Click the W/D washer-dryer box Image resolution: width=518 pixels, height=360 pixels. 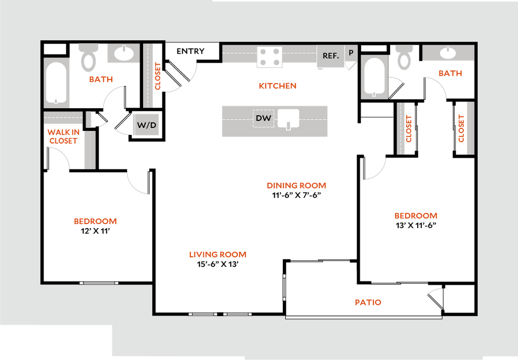point(146,125)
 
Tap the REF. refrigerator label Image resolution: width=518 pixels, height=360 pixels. point(331,56)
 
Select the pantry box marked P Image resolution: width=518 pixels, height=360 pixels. point(351,53)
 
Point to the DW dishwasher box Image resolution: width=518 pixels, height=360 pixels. point(264,118)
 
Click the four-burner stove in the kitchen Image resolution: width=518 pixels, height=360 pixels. point(269,57)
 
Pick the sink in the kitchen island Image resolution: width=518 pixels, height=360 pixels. point(288,119)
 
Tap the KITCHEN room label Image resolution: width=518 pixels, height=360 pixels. point(278,86)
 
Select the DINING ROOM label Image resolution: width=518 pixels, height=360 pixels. point(296,186)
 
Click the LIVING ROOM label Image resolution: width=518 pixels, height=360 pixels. point(218,255)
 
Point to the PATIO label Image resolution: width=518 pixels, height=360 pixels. point(368,302)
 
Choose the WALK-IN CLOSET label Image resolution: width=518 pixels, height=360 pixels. point(63,137)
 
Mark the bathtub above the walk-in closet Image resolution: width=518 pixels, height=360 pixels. point(56,82)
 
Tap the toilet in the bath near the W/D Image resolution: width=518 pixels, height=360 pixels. point(89,58)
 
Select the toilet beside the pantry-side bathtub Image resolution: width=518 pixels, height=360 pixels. point(404,57)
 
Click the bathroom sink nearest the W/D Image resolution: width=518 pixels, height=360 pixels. point(123,54)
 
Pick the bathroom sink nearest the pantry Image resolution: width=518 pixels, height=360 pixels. point(448,53)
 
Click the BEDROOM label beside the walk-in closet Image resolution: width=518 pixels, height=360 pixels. point(96,221)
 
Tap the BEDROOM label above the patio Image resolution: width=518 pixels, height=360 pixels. point(416,216)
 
